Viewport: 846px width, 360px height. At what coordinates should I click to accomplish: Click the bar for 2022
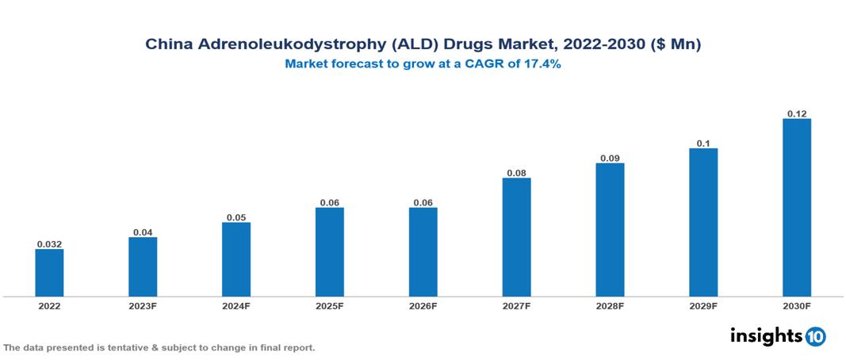49,273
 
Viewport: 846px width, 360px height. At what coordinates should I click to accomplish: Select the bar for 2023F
143,266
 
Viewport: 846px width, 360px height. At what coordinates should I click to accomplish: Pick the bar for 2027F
516,237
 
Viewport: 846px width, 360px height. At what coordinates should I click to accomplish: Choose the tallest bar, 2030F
797,208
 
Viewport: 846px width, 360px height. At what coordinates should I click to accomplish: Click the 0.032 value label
49,244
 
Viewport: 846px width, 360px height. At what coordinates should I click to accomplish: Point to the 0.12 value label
797,113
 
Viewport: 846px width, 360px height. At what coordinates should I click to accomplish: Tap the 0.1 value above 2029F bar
703,143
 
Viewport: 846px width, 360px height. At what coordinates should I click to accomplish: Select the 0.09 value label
610,158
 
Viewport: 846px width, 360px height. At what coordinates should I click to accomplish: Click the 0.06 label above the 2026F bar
423,202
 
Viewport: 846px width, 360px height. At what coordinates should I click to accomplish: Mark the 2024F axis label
236,305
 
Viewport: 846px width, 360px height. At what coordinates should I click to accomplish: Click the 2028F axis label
610,305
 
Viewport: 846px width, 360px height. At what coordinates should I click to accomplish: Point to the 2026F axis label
423,305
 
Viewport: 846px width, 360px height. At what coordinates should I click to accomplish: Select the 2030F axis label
797,305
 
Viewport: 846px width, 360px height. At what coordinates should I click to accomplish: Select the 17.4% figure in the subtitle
542,65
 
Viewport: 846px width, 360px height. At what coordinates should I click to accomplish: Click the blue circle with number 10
816,336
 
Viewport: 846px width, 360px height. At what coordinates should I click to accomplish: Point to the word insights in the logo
766,335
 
